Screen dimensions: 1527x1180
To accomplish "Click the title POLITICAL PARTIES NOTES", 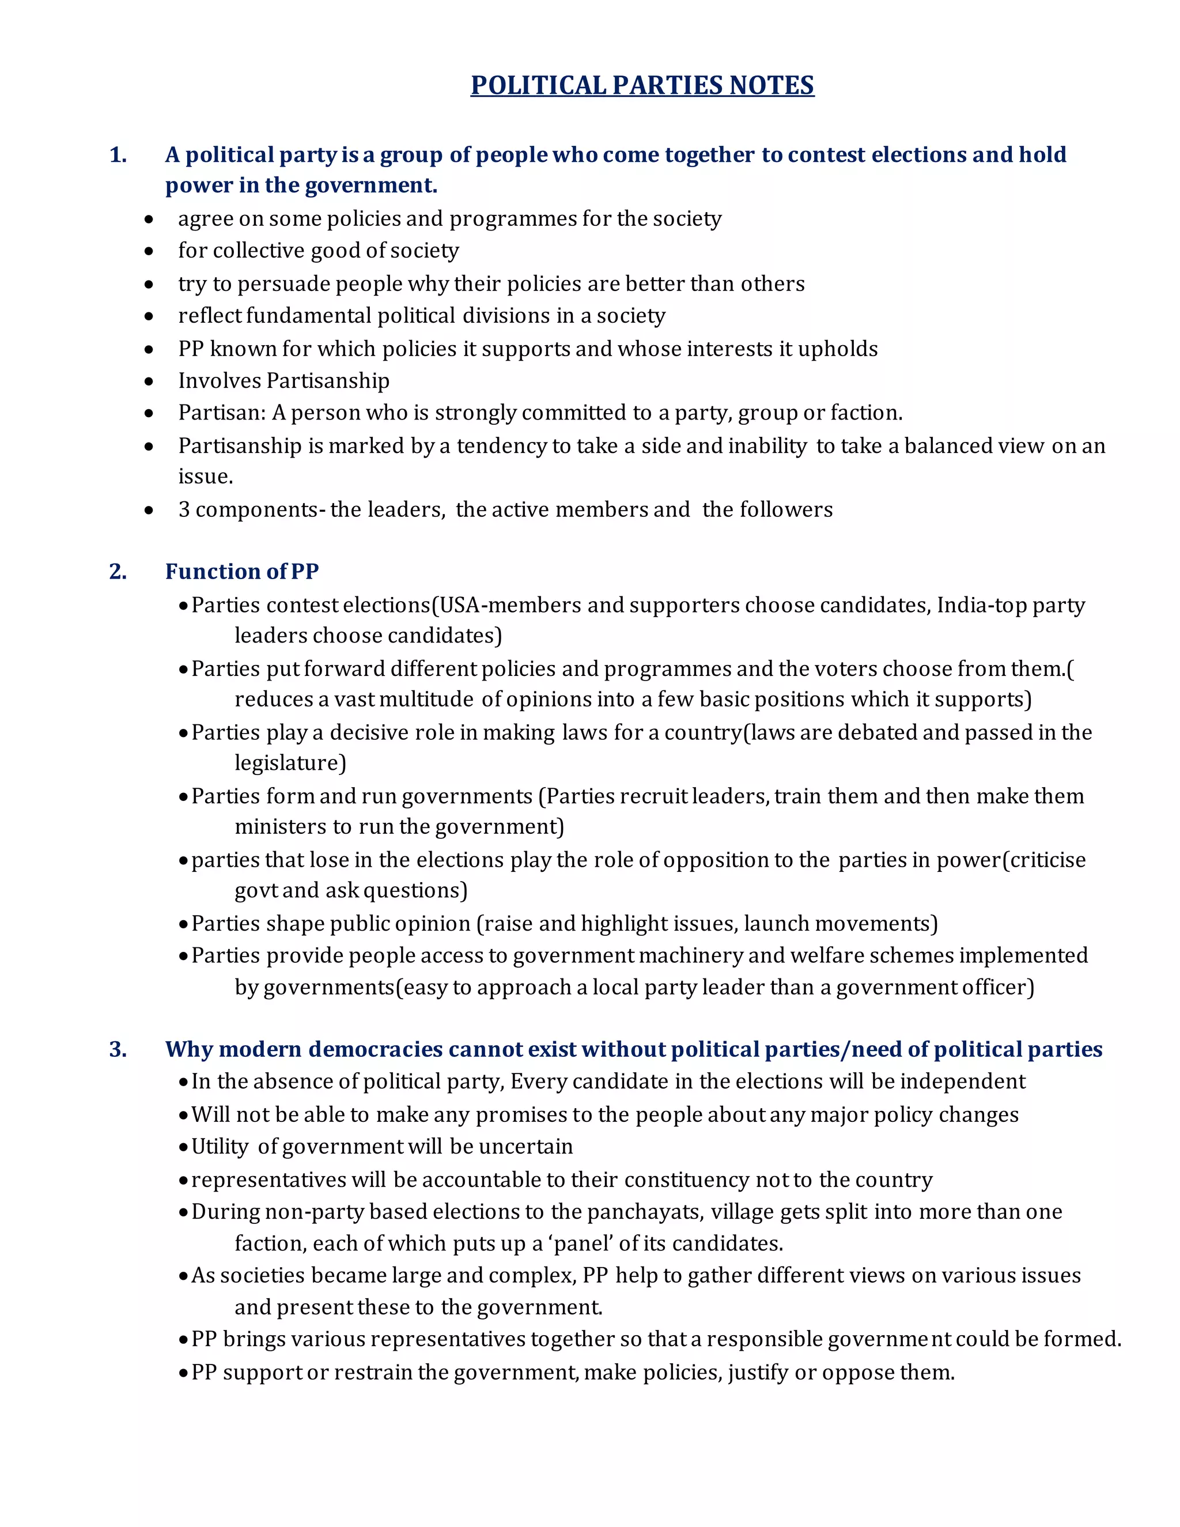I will coord(642,85).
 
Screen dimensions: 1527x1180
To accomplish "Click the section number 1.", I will coord(118,154).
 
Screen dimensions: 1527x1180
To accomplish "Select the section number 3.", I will coord(118,1049).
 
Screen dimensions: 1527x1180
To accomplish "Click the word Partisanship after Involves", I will coord(328,380).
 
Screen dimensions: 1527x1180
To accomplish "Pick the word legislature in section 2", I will coord(290,763).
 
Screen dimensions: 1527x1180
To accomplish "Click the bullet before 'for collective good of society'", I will coord(149,251).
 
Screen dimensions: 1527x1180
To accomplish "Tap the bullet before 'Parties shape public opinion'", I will coord(183,924).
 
